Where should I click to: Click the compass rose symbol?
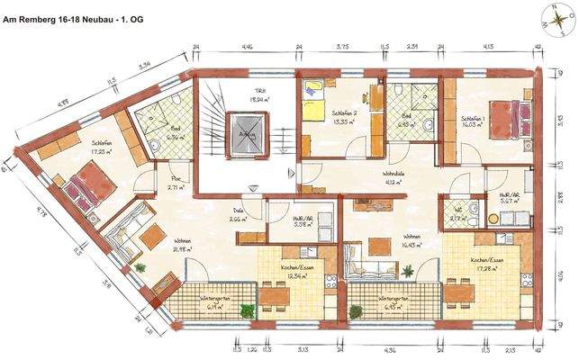click(555, 15)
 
